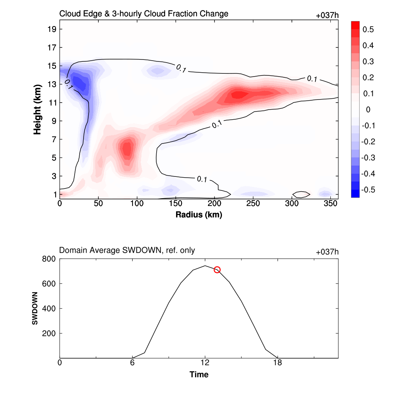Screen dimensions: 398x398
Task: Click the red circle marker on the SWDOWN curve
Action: (217, 270)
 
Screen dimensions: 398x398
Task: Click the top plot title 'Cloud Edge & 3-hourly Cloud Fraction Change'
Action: (143, 14)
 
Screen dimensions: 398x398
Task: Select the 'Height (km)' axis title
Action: (37, 109)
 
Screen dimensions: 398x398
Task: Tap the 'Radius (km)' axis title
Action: (199, 215)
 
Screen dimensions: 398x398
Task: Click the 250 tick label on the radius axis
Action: (253, 204)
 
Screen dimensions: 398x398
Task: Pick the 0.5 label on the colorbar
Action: (368, 30)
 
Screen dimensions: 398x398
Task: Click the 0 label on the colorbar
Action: (368, 110)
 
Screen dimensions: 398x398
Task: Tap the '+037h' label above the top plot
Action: (327, 16)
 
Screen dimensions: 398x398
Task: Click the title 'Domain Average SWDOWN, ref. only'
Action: (127, 251)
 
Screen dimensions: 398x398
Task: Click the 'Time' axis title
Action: (199, 375)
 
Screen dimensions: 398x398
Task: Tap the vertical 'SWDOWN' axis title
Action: (35, 308)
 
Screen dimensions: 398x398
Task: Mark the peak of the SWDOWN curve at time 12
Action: (205, 266)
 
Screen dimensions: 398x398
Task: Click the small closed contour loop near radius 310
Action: (301, 194)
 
